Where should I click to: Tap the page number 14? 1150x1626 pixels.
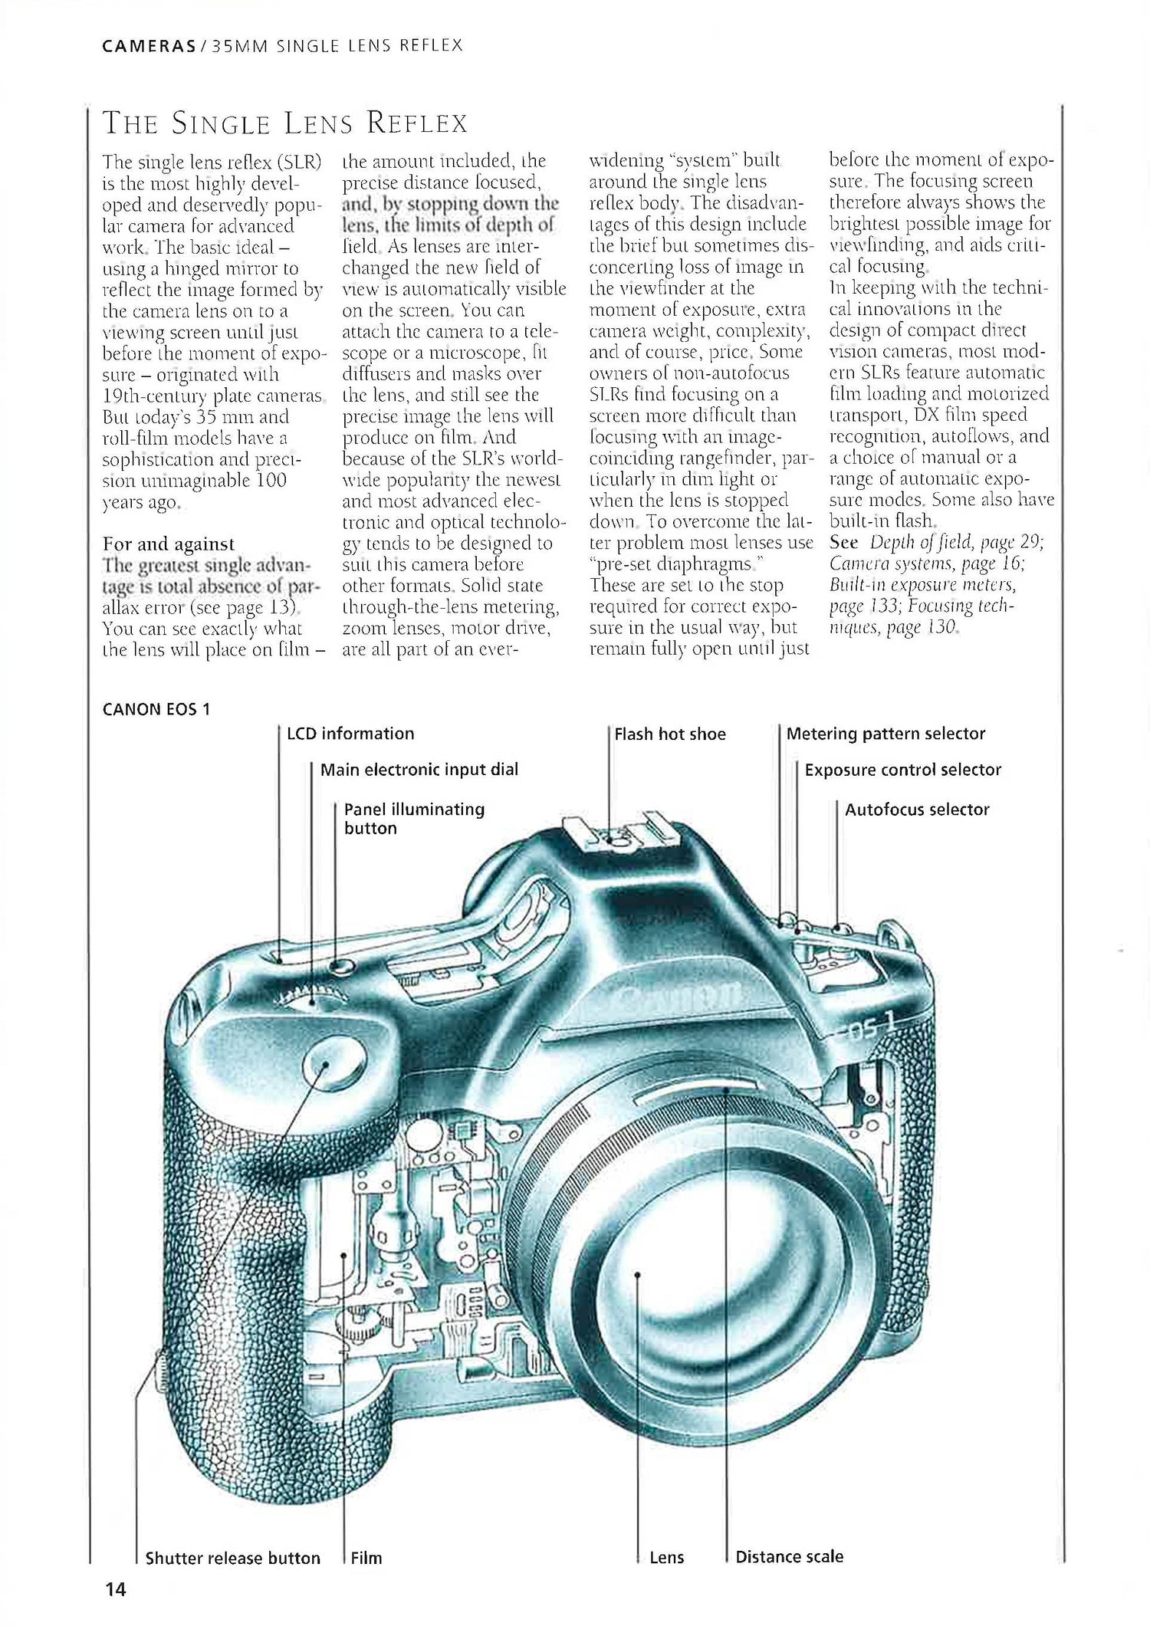click(115, 1590)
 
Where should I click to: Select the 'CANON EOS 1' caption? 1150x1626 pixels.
click(156, 709)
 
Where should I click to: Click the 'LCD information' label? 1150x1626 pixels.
click(350, 734)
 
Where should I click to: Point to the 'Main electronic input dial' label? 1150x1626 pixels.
click(419, 770)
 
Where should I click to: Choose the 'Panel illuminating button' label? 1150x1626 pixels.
click(414, 819)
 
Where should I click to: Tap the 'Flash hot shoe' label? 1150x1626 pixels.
click(670, 734)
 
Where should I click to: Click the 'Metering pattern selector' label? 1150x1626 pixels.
click(886, 734)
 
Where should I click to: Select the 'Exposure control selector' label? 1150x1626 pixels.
click(902, 770)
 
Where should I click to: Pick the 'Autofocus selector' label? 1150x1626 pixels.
click(917, 810)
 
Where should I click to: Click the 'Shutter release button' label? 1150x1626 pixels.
click(232, 1558)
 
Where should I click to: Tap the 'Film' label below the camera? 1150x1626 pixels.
click(366, 1558)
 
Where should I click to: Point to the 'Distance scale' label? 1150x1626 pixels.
click(789, 1557)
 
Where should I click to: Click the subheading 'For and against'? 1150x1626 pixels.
click(169, 544)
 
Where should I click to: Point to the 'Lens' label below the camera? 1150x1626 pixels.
click(666, 1558)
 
